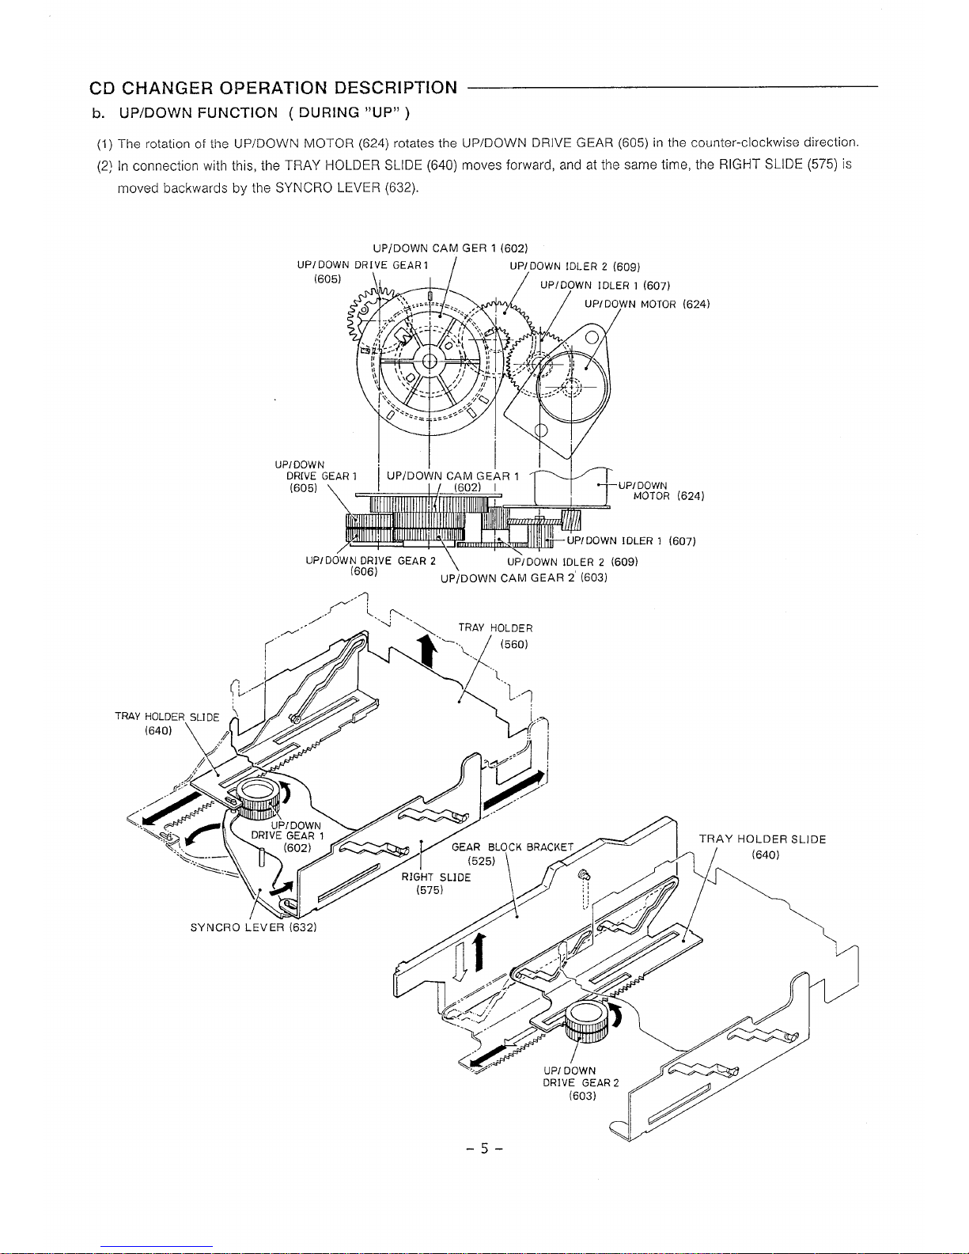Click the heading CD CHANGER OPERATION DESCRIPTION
click(273, 88)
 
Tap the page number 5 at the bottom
click(484, 1149)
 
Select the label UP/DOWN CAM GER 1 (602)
click(450, 248)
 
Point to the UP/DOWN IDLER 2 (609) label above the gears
click(574, 267)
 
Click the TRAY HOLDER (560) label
click(495, 636)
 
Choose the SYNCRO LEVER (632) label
click(254, 927)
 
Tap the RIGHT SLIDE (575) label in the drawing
click(436, 884)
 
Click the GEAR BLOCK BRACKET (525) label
click(513, 854)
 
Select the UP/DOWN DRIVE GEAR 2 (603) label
click(581, 1083)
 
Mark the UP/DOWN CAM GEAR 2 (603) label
click(524, 578)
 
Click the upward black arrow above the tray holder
click(427, 650)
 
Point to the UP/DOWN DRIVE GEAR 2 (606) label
click(370, 566)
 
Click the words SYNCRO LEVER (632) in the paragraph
click(346, 188)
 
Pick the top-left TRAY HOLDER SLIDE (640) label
click(167, 723)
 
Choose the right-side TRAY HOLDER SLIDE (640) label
click(763, 847)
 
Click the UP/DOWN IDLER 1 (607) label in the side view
click(631, 540)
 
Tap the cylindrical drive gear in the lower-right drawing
click(586, 1021)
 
